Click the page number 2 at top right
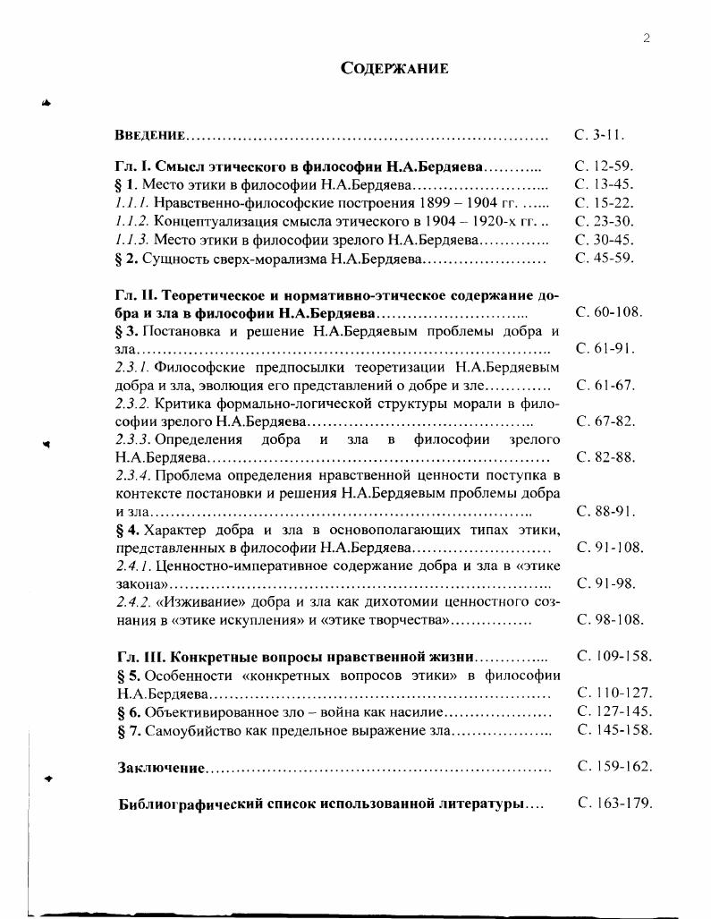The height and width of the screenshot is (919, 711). point(645,37)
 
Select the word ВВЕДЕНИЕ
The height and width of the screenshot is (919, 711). point(150,136)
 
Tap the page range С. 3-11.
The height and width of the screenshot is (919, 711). point(599,135)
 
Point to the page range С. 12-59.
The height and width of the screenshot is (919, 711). point(604,166)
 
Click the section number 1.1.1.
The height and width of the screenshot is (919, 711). point(133,203)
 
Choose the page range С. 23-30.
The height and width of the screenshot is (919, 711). point(604,221)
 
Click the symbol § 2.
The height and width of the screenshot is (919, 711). point(126,259)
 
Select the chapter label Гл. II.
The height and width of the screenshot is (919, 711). point(136,295)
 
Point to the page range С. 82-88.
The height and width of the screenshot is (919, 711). point(605,457)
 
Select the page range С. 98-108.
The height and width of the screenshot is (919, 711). point(610,619)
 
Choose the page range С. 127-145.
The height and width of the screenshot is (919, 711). point(614,711)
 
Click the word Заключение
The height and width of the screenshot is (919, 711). point(162,769)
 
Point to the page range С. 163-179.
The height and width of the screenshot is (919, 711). point(614,803)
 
